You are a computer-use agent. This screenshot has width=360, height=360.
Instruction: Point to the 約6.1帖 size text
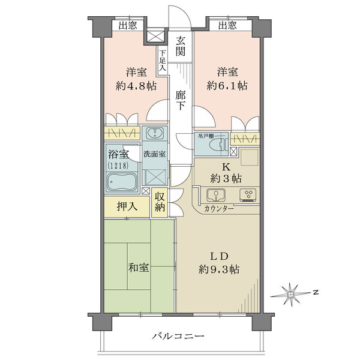coord(226,86)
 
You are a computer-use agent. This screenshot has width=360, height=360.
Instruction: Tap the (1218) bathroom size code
coord(118,164)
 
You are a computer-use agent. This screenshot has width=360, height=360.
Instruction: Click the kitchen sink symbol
coord(214,195)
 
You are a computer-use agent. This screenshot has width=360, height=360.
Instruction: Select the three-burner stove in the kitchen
coord(247,195)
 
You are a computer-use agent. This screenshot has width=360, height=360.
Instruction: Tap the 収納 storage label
coord(160,202)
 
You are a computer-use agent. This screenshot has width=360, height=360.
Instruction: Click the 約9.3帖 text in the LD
coord(220,269)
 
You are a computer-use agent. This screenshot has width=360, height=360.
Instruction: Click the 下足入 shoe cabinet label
coord(163,60)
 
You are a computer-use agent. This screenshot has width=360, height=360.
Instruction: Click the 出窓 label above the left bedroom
coord(127,25)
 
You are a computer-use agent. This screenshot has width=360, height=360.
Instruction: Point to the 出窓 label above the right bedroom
coord(227,25)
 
